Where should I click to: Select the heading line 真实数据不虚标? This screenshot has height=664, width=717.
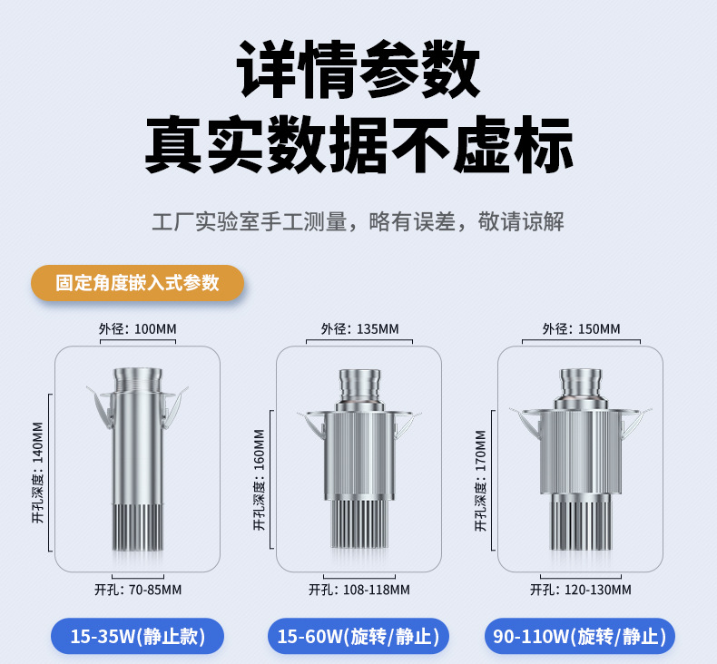[x=358, y=143]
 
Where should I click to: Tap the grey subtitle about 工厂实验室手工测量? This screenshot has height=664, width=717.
[x=358, y=221]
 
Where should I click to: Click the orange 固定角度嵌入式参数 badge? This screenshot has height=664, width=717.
[x=138, y=283]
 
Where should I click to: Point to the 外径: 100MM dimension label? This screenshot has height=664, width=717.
[x=137, y=328]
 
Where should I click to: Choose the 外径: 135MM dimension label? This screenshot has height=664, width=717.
[x=358, y=328]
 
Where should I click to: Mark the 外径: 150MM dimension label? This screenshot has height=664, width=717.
[x=581, y=328]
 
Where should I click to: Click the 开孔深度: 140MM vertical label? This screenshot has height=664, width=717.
[x=37, y=472]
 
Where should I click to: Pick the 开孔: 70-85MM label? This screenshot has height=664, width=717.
[x=138, y=590]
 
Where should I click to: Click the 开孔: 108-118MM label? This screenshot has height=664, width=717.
[x=359, y=590]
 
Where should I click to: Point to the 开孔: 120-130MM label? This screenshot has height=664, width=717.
[x=581, y=590]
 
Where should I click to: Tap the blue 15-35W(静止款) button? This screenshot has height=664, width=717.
[x=138, y=637]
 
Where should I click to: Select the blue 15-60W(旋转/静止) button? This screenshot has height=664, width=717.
[x=358, y=637]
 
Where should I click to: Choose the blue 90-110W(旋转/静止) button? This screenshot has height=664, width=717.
[x=580, y=637]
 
